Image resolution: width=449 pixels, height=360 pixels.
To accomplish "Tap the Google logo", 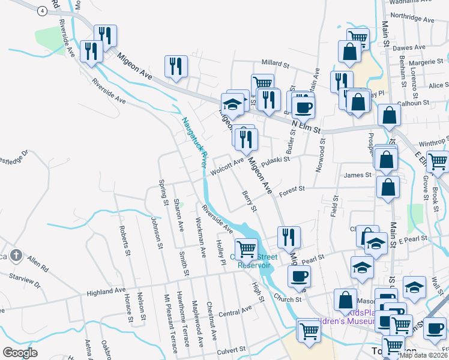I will [x=20, y=352].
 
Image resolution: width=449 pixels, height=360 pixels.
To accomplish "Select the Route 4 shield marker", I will [x=41, y=11].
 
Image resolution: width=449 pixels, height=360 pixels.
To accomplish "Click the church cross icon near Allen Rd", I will [x=16, y=256].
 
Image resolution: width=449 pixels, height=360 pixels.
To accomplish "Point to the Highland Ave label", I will [x=106, y=292].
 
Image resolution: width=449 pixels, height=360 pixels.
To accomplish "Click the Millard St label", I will [x=276, y=62].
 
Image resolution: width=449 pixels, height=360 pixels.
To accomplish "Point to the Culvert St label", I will [x=231, y=348].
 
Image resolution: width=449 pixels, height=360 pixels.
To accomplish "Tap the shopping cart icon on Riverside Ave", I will [x=246, y=248].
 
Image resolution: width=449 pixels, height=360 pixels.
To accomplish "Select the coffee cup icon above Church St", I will [x=299, y=277].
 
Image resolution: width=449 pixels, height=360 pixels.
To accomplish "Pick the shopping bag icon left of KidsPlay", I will [x=346, y=299].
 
